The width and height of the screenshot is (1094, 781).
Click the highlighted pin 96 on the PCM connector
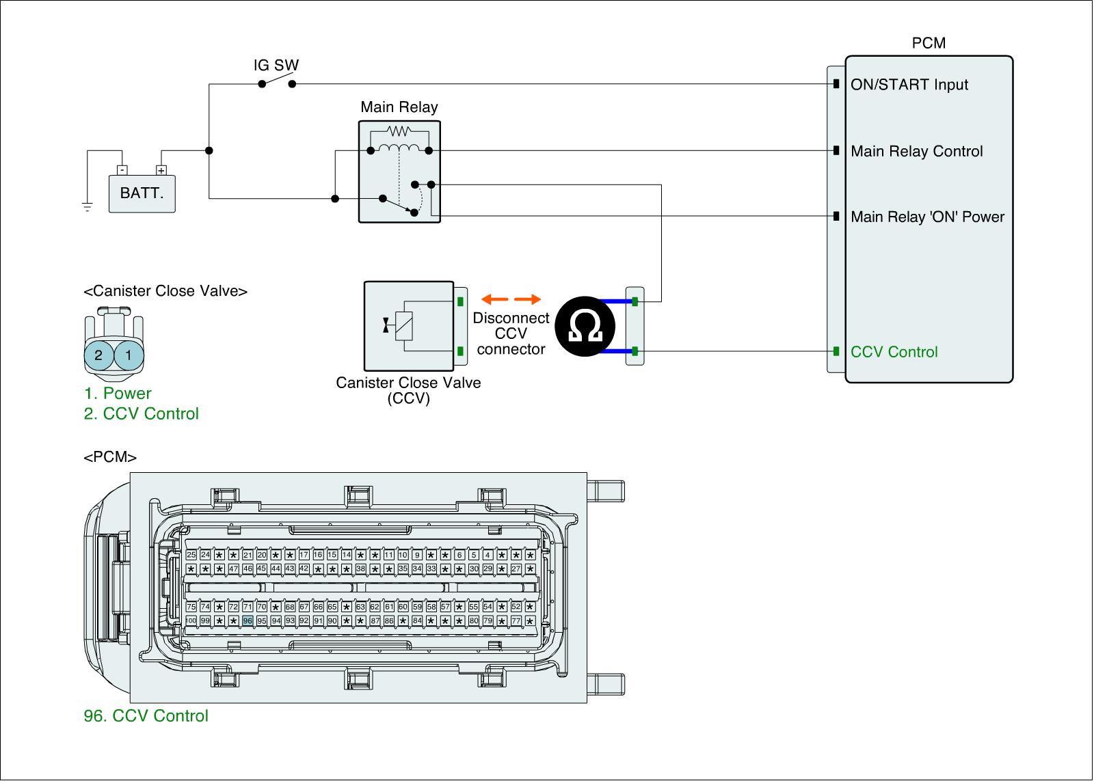point(248,620)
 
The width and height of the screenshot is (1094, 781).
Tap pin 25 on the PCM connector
point(191,555)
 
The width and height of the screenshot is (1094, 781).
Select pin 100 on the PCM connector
point(191,620)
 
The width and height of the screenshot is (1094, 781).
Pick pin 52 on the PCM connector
point(516,607)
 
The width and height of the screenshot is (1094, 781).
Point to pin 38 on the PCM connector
point(360,568)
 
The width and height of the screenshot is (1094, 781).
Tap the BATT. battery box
point(142,193)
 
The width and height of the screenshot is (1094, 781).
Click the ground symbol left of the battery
point(88,206)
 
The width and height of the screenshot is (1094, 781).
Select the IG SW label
point(276,66)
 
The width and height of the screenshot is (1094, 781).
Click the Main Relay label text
point(399,107)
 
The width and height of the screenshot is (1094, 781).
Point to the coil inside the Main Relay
point(399,149)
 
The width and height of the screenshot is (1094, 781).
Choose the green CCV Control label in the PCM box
point(894,352)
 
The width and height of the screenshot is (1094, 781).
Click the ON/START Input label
point(909,85)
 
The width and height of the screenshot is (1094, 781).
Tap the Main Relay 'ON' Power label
point(927,217)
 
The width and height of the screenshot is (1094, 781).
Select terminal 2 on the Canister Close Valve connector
point(99,355)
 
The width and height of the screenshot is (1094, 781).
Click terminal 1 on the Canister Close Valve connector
point(129,355)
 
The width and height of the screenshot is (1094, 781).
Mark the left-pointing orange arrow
point(494,299)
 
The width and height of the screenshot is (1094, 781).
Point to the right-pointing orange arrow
point(527,299)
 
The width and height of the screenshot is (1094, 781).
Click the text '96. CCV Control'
point(146,716)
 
